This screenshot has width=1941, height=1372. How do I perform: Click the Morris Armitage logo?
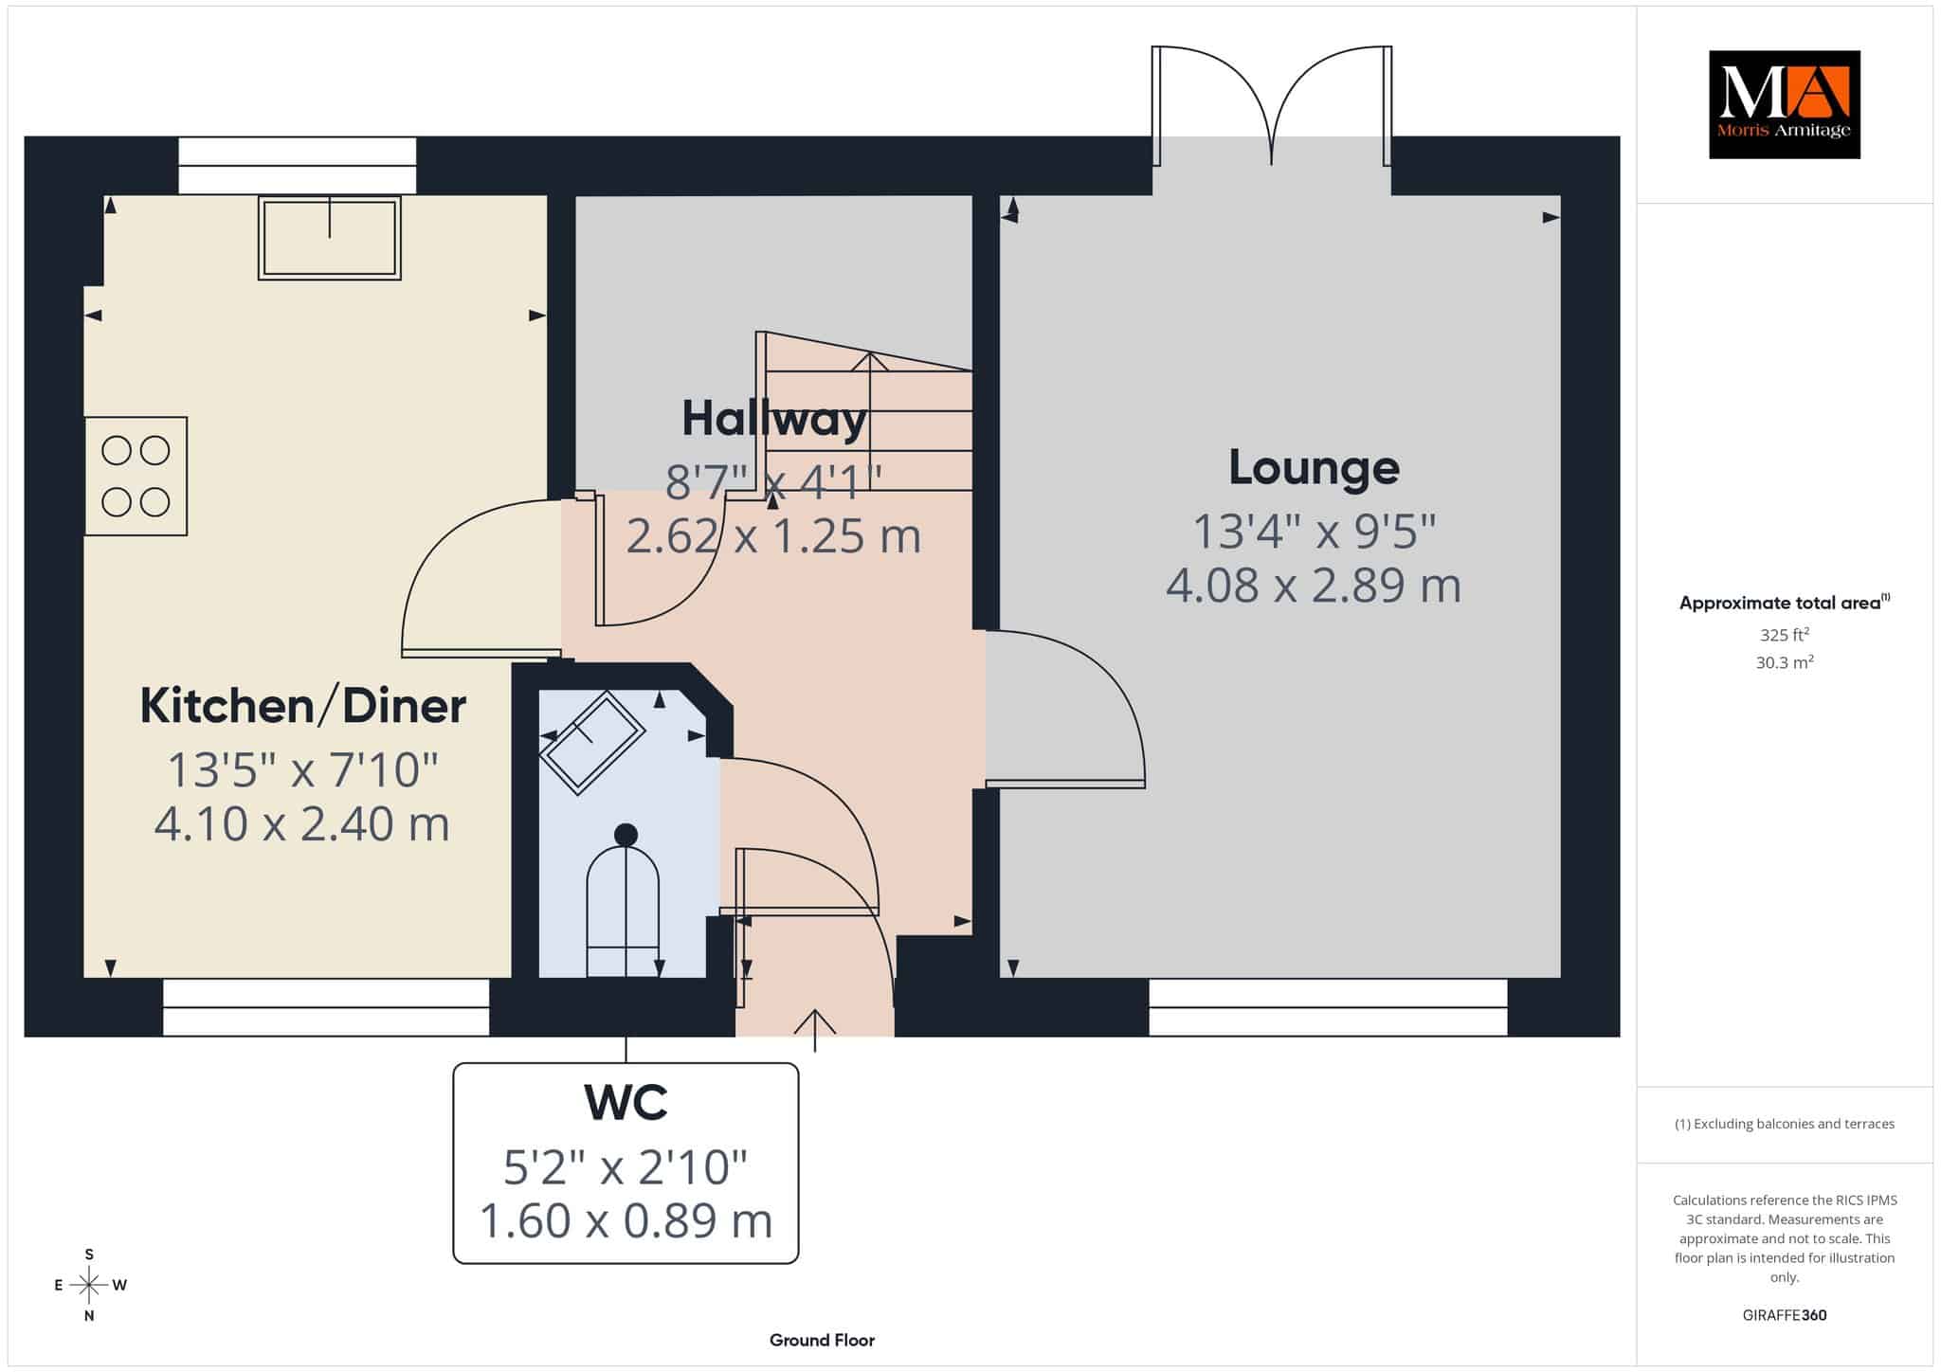click(1784, 104)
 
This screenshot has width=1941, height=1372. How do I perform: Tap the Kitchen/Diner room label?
click(303, 706)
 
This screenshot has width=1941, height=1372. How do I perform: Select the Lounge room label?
click(1314, 467)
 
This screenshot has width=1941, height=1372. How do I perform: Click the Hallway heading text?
click(774, 418)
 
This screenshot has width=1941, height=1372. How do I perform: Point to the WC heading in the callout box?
click(626, 1102)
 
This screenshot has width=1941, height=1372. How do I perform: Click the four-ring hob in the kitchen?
click(136, 476)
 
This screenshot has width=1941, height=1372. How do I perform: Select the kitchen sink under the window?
click(330, 237)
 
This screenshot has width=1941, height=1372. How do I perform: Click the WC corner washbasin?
click(592, 742)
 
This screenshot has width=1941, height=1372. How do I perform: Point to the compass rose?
click(89, 1285)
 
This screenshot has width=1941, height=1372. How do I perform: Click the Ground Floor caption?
click(822, 1340)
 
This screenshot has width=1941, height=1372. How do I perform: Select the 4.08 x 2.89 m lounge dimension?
click(1314, 586)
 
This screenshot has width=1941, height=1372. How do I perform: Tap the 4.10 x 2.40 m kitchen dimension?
click(302, 823)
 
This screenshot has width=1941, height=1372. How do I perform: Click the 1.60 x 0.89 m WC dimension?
click(626, 1220)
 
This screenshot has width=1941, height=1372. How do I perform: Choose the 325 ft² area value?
click(1785, 635)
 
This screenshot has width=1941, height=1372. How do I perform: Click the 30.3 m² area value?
click(1785, 662)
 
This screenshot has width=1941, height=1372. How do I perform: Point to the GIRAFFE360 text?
click(1785, 1315)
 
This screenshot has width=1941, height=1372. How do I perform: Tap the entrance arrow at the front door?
click(815, 1031)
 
